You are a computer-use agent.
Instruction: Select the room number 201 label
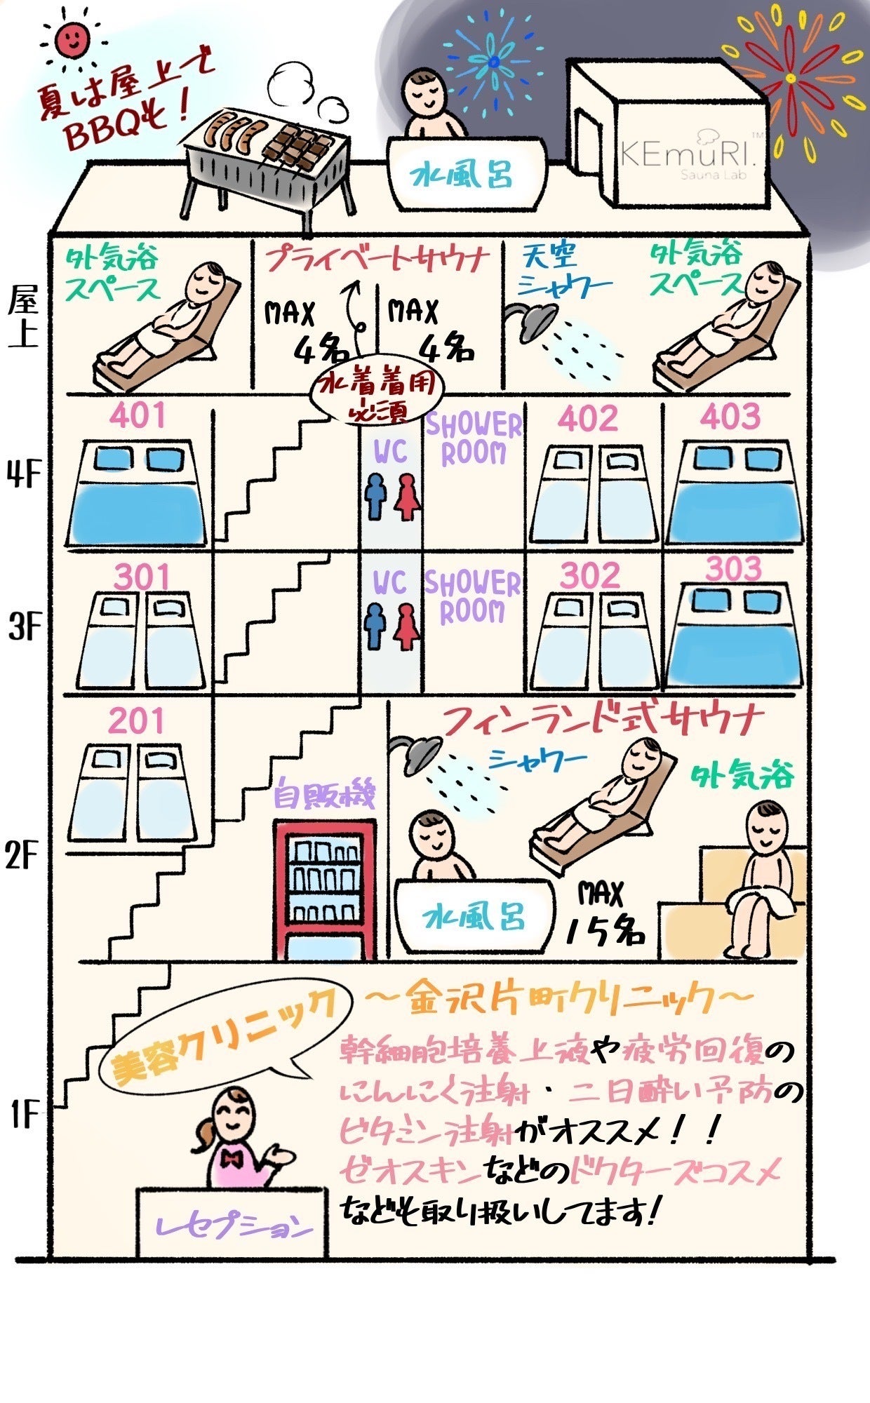point(137,721)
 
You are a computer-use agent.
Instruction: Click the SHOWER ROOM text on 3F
point(473,596)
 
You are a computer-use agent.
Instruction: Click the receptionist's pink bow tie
point(232,1157)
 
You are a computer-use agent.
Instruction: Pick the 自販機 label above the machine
point(325,795)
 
